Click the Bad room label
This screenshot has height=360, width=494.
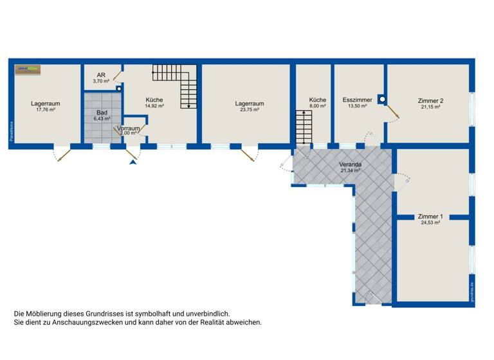click(x=101, y=112)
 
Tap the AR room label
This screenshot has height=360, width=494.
click(x=101, y=75)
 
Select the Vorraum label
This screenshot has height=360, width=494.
click(x=129, y=129)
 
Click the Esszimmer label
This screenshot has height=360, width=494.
click(x=357, y=100)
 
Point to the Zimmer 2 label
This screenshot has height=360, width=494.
click(x=430, y=101)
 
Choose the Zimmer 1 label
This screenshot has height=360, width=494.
click(x=430, y=217)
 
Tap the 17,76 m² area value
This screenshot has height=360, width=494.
click(x=46, y=110)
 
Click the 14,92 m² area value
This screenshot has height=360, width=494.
click(x=154, y=107)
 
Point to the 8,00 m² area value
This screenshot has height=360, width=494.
click(x=317, y=107)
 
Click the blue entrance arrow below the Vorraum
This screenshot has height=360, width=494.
click(x=133, y=163)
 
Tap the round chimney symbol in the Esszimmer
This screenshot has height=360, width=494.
click(x=382, y=100)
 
